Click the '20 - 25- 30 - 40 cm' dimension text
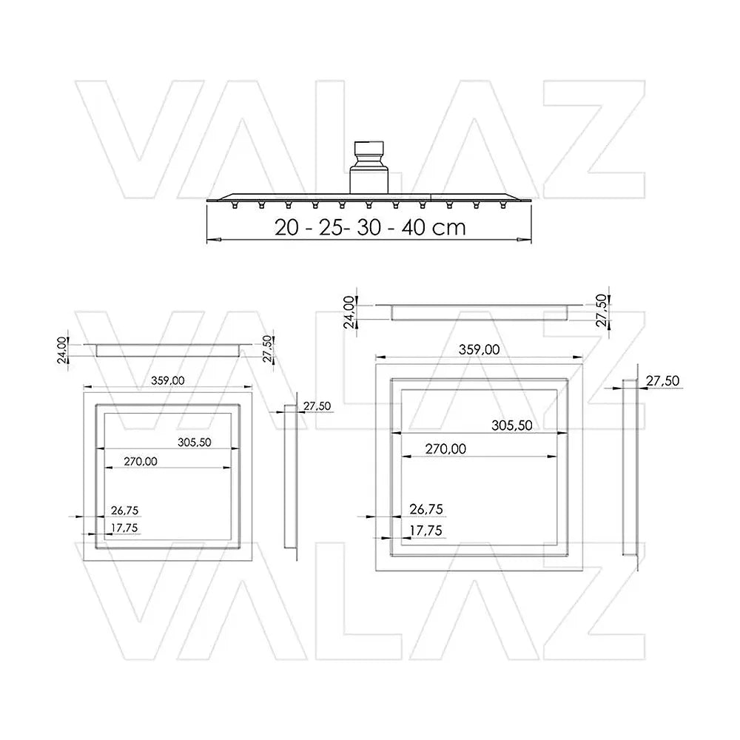pyautogui.click(x=371, y=227)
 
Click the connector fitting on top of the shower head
pyautogui.click(x=369, y=166)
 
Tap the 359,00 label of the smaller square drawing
pyautogui.click(x=167, y=380)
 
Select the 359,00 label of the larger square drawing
pyautogui.click(x=479, y=350)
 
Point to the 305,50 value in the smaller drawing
pyautogui.click(x=195, y=443)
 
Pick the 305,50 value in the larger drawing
pyautogui.click(x=512, y=425)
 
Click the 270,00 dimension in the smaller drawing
pyautogui.click(x=141, y=461)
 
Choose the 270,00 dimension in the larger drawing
pyautogui.click(x=445, y=449)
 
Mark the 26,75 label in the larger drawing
pyautogui.click(x=427, y=509)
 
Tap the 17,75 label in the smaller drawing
pyautogui.click(x=124, y=528)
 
